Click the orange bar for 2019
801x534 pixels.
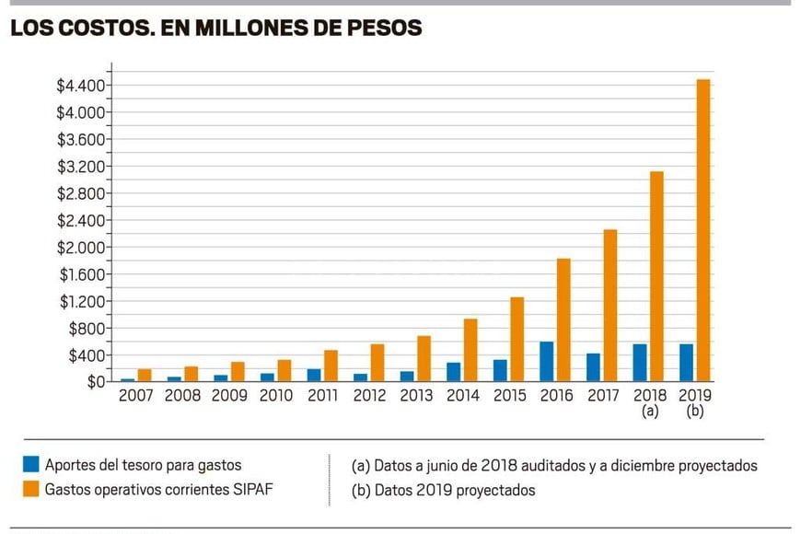702,230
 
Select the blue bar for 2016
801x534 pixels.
547,362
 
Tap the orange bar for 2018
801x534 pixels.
656,276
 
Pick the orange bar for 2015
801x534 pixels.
517,339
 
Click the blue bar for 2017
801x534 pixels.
593,367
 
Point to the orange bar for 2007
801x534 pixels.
144,376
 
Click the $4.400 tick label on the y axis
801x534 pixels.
82,87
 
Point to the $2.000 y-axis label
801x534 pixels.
82,248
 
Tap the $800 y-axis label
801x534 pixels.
87,329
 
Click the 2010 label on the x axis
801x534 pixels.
275,396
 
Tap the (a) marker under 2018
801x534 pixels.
650,412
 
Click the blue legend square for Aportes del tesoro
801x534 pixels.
31,465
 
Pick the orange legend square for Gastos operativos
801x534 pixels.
31,490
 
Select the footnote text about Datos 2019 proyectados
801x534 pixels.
443,490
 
